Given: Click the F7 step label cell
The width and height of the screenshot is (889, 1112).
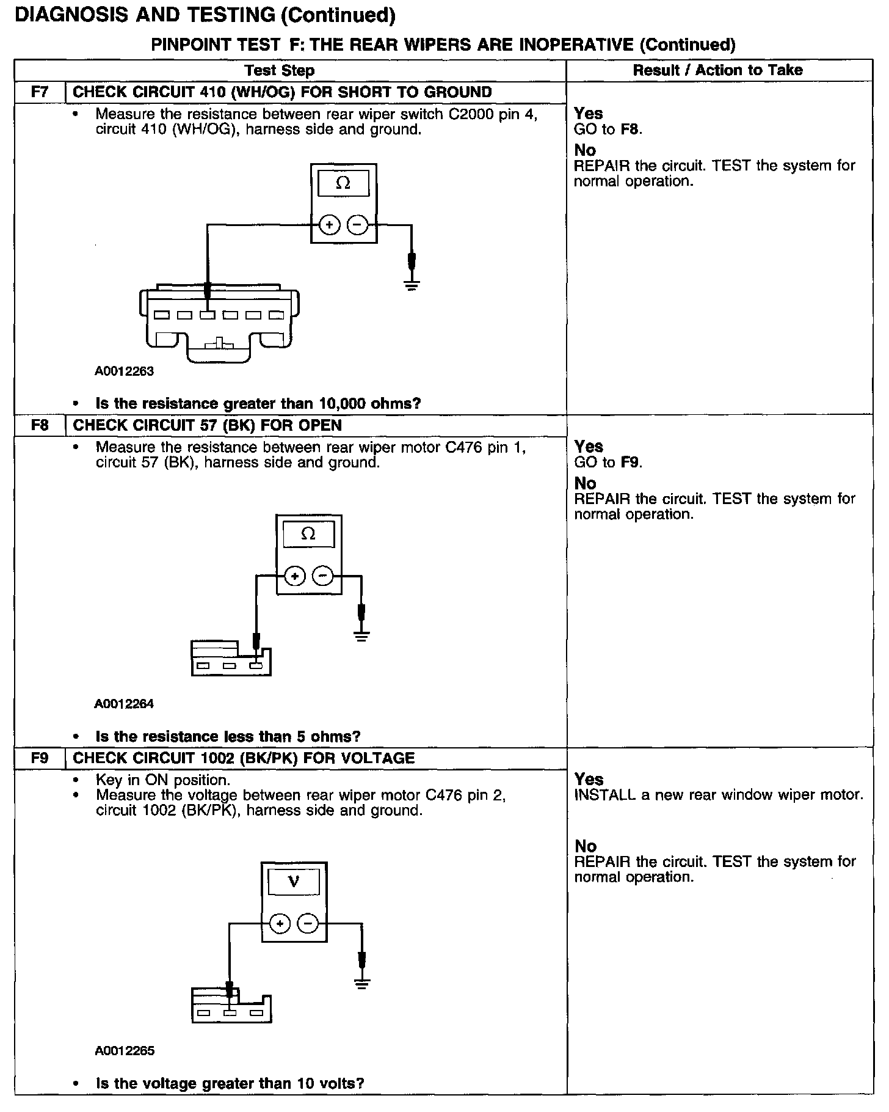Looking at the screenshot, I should pos(40,92).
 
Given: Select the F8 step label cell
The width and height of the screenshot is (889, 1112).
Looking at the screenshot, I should pos(40,425).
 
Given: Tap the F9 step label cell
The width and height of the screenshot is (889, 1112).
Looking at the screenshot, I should pos(40,758).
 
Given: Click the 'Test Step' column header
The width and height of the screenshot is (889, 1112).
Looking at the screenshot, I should pos(280,70).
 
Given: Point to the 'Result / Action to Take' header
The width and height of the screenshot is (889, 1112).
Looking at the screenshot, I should pos(717,70).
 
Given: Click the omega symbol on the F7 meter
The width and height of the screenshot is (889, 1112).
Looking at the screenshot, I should pos(343,183).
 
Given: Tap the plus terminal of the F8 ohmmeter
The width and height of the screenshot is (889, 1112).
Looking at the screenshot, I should pos(295,576).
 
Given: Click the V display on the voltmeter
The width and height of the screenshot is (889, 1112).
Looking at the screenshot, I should pos(294,882).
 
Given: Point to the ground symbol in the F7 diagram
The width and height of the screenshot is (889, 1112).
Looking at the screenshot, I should pos(412,283).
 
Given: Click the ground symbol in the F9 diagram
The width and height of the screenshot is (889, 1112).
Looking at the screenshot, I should pos(362,983).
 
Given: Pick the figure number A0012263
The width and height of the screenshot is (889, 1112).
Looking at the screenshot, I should pos(125,371).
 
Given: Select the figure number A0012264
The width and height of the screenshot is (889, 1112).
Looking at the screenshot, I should pos(124,704).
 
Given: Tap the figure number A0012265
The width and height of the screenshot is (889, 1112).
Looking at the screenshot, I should pos(125,1052).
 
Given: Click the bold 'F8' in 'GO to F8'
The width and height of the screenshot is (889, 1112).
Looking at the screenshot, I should pos(630,130).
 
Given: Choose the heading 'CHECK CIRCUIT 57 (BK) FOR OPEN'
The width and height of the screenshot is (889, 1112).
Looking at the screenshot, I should pos(208,425).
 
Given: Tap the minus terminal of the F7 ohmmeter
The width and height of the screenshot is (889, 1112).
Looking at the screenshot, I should pos(357,225).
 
